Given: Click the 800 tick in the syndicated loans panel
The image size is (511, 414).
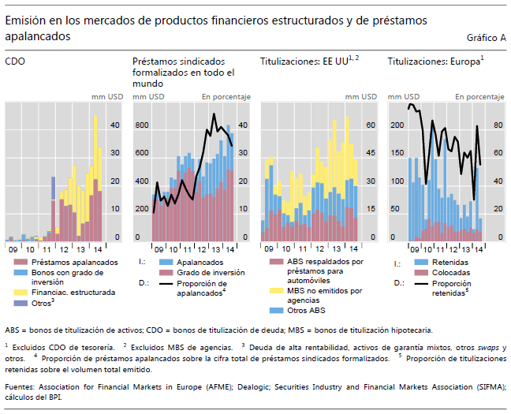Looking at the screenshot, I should [x=141, y=125].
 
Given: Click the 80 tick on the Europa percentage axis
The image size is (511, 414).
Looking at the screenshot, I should [x=498, y=125].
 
